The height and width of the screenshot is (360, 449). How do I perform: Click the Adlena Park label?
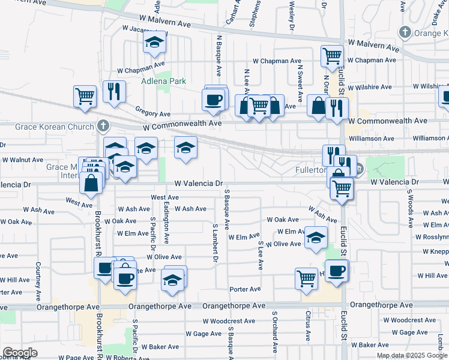click(163, 81)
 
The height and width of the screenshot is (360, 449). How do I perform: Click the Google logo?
click(20, 353)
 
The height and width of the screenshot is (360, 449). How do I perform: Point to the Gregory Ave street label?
click(153, 113)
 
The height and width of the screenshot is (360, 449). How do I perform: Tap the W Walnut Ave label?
click(22, 160)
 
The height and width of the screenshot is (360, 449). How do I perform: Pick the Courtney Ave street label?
click(38, 281)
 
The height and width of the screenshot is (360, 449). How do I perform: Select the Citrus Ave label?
click(308, 324)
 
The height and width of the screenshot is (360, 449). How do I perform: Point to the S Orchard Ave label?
click(276, 332)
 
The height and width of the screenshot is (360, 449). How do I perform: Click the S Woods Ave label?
click(411, 208)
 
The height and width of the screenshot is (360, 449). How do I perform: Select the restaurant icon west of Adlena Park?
click(114, 91)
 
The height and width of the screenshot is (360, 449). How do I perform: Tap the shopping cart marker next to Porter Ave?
click(306, 278)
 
